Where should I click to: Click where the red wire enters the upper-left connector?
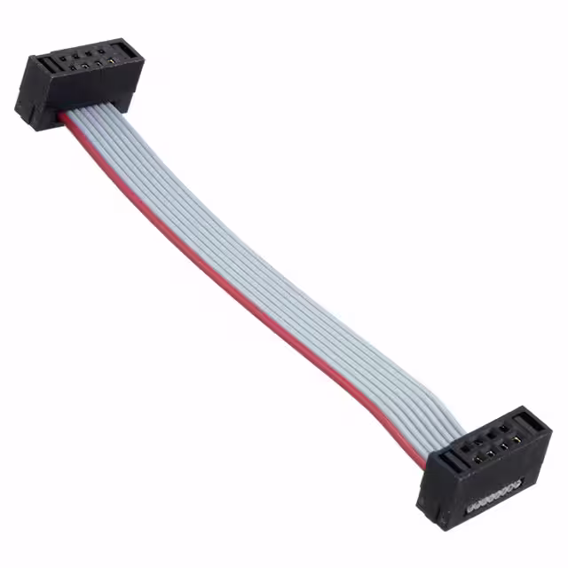click(65, 116)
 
